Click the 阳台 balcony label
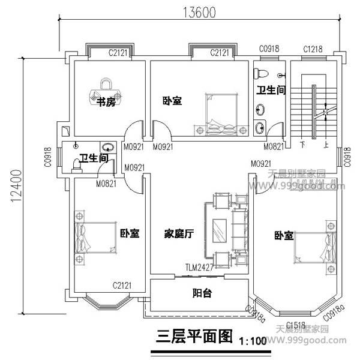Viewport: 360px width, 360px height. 201,294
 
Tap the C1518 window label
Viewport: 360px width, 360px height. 296,325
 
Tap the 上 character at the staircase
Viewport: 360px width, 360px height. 326,144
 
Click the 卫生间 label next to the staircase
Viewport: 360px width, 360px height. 271,90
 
